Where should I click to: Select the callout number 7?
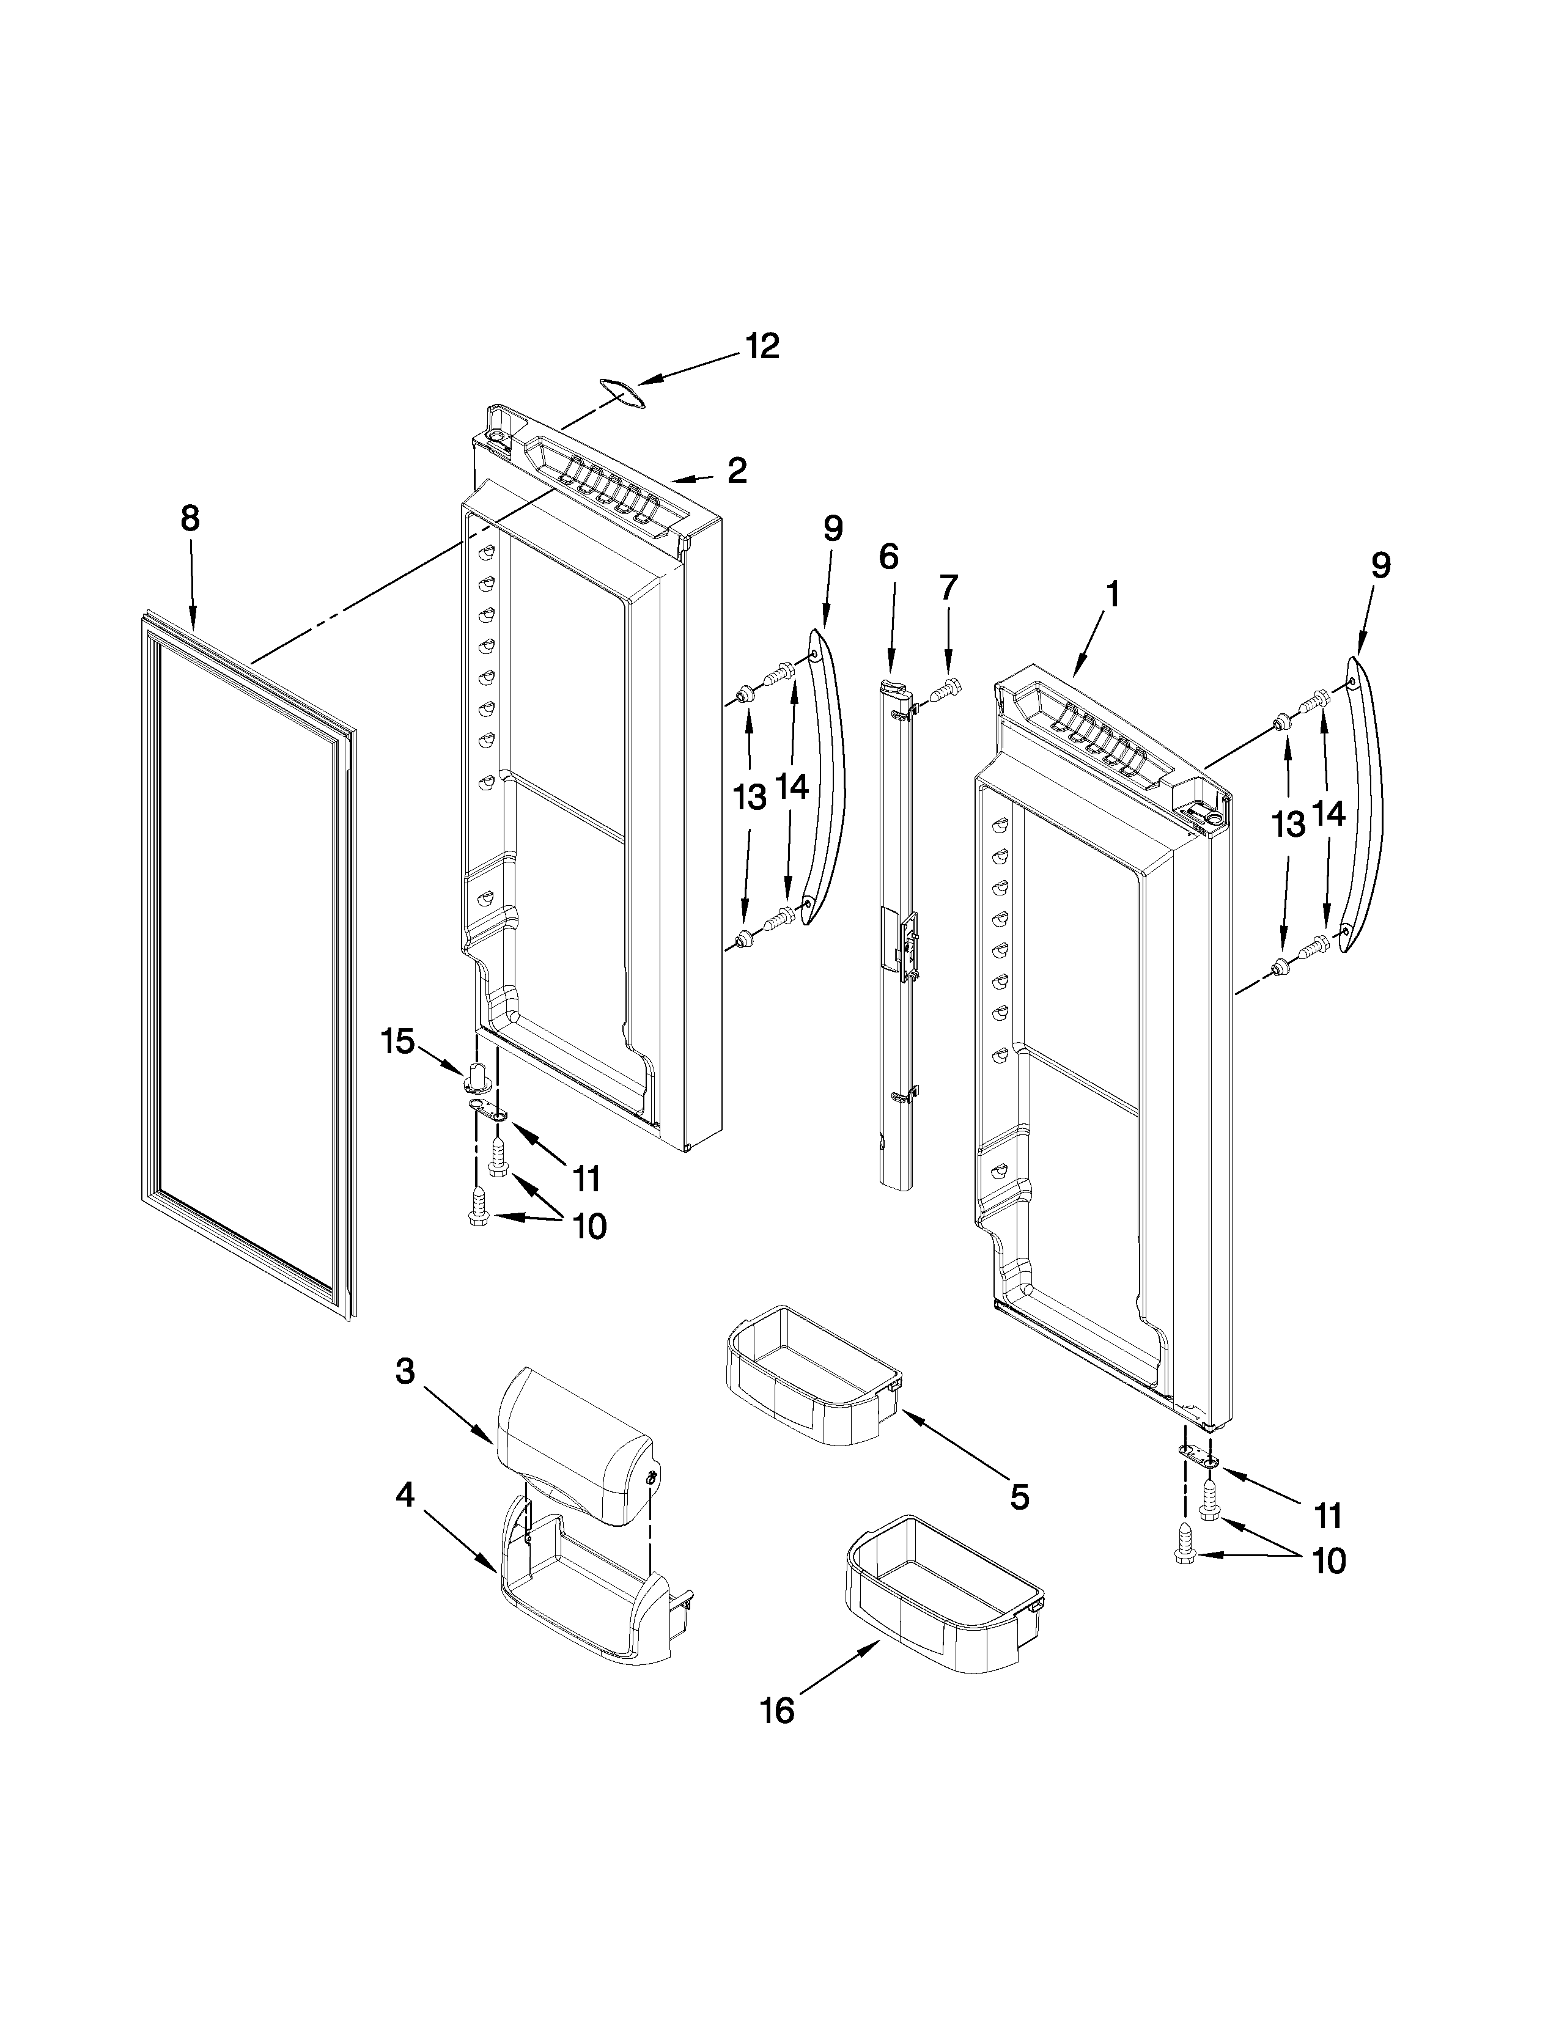pyautogui.click(x=948, y=587)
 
